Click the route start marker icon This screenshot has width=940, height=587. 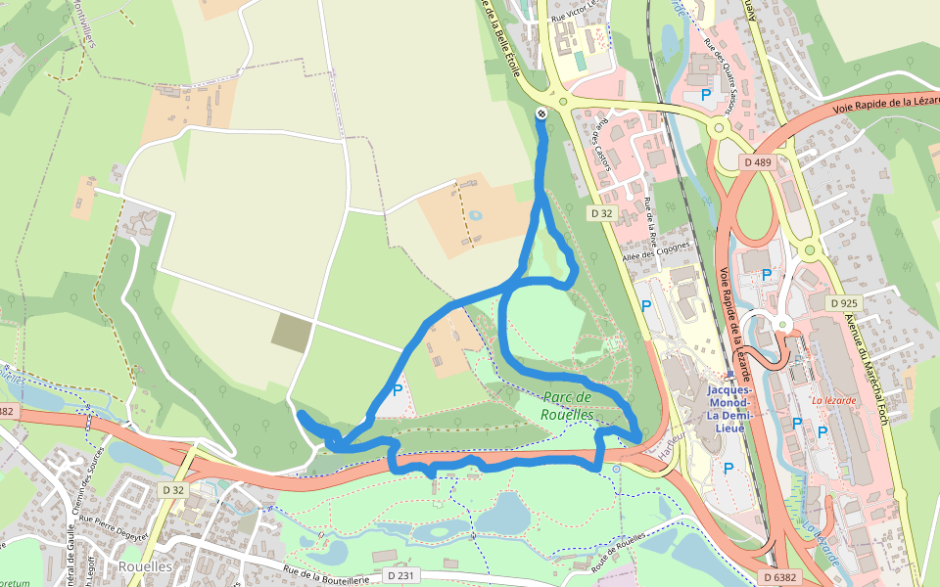click(540, 114)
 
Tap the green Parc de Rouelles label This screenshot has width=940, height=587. click(568, 405)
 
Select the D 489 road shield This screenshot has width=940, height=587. click(757, 162)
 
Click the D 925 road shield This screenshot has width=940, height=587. click(841, 304)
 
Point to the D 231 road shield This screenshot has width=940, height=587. click(401, 575)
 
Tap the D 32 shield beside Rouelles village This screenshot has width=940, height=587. click(173, 489)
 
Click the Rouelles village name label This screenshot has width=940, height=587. click(146, 566)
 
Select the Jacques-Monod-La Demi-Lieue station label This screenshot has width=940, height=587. click(727, 408)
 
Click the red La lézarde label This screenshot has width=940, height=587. click(833, 400)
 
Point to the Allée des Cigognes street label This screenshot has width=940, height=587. click(656, 250)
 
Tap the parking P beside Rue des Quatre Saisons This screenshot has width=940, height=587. click(705, 95)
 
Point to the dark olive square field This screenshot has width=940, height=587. click(292, 333)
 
